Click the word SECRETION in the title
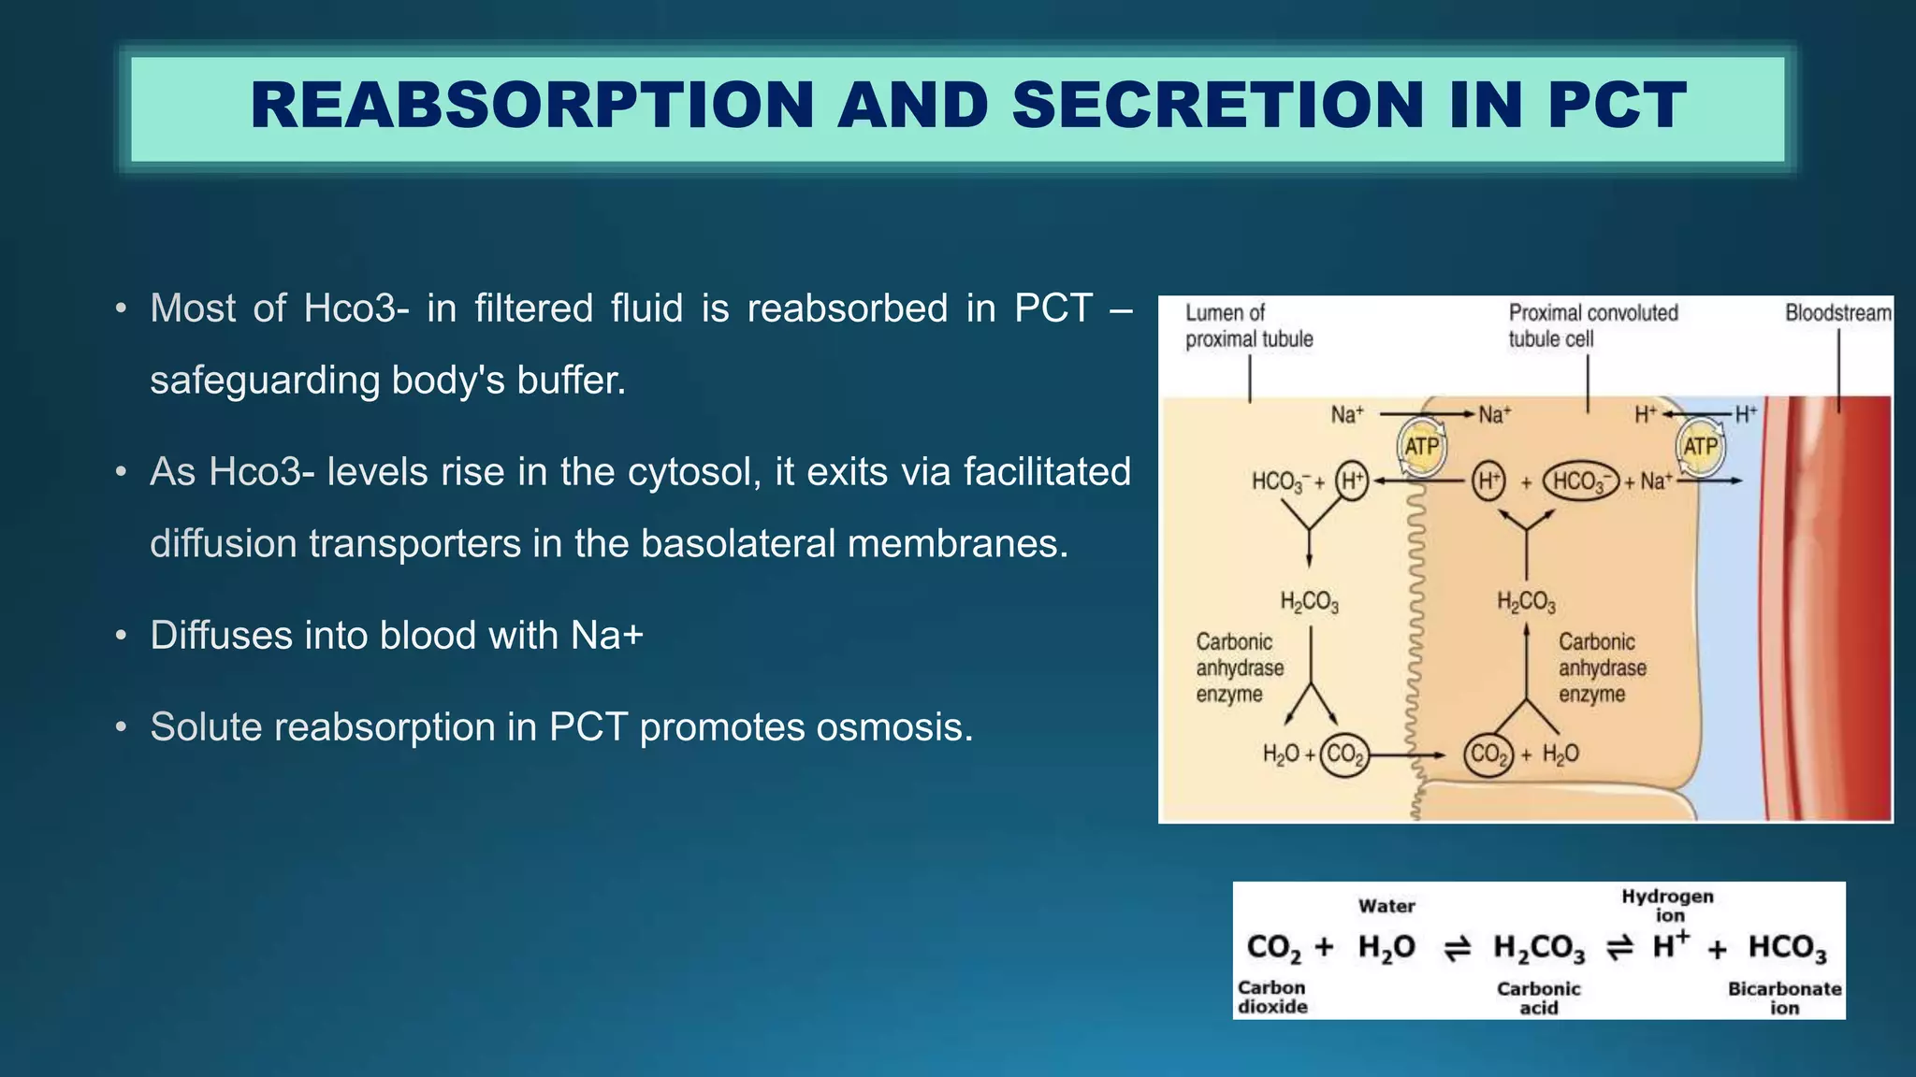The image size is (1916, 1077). click(1217, 105)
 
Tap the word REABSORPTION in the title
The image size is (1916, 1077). click(532, 105)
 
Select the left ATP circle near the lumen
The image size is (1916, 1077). click(1421, 447)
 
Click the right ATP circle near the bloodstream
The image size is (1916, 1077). click(1700, 447)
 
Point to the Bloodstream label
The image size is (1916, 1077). click(1837, 313)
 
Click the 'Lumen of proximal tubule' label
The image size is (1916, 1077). click(1248, 325)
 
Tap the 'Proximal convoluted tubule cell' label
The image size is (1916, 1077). click(1592, 325)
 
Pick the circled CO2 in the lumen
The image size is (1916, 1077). click(1344, 754)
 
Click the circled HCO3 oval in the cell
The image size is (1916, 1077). click(1580, 481)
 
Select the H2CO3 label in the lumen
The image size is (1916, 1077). click(1309, 602)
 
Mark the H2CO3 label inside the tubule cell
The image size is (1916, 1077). click(1526, 602)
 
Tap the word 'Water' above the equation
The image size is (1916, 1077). click(1386, 906)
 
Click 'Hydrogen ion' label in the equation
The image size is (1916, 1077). click(1668, 905)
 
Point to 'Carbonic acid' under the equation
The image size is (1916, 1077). click(1538, 998)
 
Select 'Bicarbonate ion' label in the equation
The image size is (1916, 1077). click(1784, 998)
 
